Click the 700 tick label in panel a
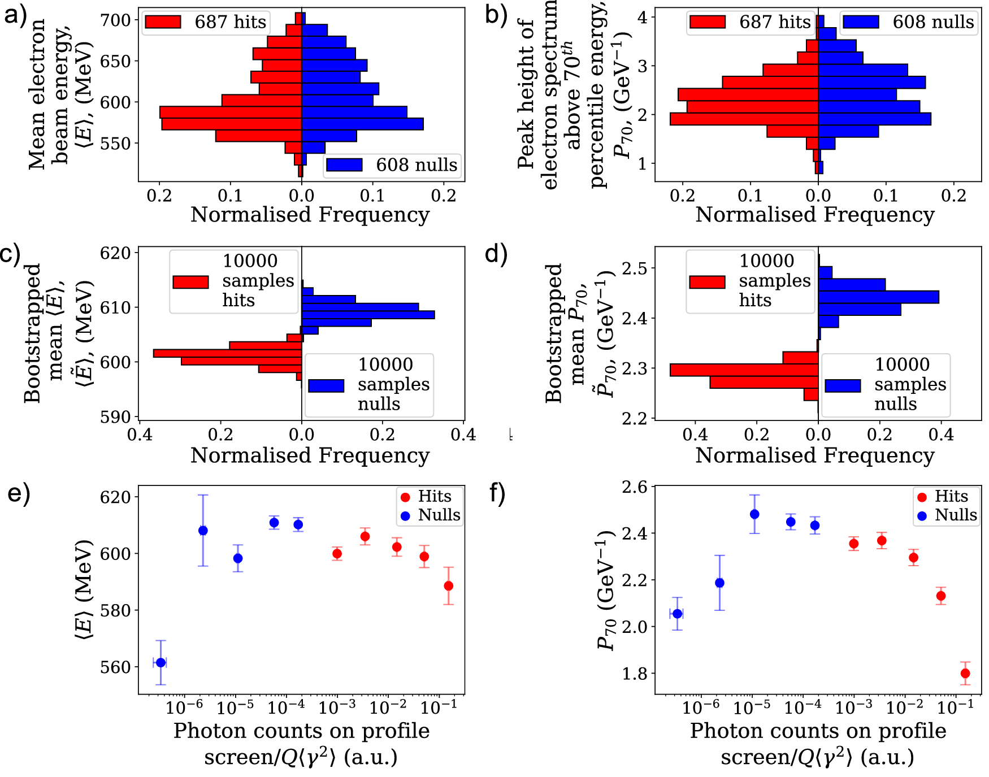[115, 20]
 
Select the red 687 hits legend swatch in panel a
[163, 22]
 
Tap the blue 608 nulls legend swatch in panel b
[861, 22]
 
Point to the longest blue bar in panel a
[362, 124]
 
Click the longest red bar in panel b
[744, 119]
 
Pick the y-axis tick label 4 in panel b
[642, 17]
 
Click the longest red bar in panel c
[227, 353]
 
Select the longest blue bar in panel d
[878, 297]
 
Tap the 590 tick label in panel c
[115, 417]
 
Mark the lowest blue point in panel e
[161, 662]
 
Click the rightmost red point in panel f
[965, 673]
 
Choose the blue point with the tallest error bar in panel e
[203, 530]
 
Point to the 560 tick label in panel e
[115, 667]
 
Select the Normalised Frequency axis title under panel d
[814, 455]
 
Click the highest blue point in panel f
[754, 514]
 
